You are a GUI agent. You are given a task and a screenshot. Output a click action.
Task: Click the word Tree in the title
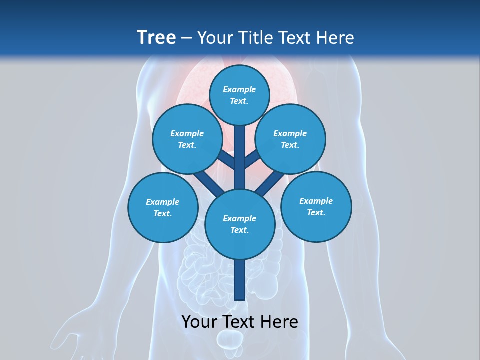[156, 37]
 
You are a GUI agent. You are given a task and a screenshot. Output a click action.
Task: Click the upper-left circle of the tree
[187, 139]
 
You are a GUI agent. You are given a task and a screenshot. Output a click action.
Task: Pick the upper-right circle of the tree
[290, 139]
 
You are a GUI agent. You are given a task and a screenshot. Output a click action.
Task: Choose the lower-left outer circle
[163, 207]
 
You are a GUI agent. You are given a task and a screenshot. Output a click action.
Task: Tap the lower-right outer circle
[316, 206]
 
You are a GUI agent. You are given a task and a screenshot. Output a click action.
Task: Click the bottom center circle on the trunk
[240, 224]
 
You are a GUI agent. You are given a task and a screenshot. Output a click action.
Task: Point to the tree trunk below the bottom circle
[240, 280]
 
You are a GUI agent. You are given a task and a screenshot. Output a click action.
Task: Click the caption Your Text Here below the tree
[240, 322]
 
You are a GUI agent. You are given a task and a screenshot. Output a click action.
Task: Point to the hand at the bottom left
[75, 335]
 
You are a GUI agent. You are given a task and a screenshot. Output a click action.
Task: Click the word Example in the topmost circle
[239, 89]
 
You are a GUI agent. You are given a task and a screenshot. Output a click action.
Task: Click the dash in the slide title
[187, 37]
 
